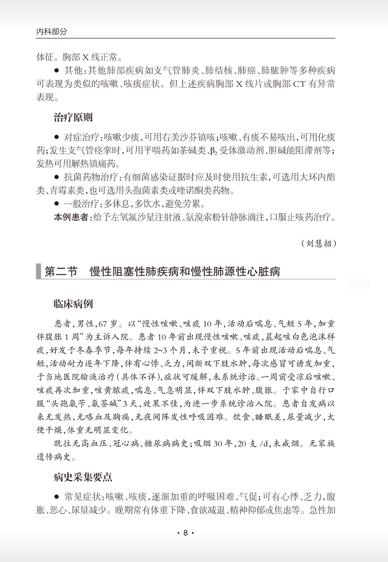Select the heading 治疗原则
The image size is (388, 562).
pos(73,117)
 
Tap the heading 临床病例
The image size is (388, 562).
pos(73,304)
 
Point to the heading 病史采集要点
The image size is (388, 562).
pos(83,477)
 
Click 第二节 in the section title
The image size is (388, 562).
pos(61,272)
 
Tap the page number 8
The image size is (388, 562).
pos(186,533)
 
